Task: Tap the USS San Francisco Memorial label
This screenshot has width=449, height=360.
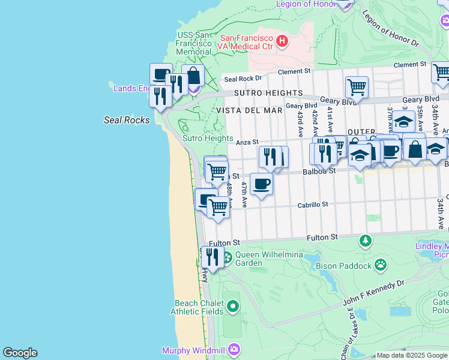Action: [x=193, y=43]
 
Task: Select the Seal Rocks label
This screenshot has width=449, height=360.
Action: [x=127, y=120]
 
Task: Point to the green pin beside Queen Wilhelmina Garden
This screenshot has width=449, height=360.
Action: [x=227, y=259]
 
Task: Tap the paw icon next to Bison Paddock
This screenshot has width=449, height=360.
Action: [x=381, y=264]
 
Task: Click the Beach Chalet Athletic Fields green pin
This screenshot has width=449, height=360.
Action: [x=234, y=307]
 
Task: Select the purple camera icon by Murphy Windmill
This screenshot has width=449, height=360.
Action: [x=235, y=349]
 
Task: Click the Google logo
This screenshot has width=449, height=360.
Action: [x=20, y=353]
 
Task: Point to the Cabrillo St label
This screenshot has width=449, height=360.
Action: [x=313, y=205]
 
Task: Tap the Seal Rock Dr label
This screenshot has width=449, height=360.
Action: [x=243, y=79]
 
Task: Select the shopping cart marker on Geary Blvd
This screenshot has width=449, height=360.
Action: [x=357, y=86]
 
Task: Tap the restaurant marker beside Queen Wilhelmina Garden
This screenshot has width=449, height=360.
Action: [x=212, y=257]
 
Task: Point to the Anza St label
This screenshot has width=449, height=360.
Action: [x=247, y=142]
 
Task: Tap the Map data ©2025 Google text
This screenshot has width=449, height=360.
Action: [x=411, y=355]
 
